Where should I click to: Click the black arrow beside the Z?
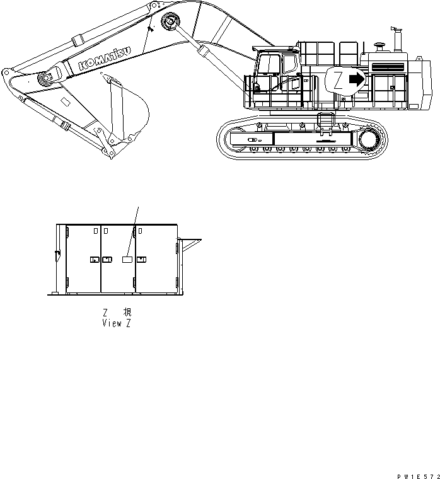pos(357,79)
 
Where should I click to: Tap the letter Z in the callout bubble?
pos(338,81)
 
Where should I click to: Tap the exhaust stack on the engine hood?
pos(398,40)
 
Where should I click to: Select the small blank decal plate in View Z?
pos(127,259)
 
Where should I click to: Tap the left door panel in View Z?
pos(83,258)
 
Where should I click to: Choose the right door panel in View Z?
pos(155,258)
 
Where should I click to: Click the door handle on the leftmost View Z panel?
pos(94,259)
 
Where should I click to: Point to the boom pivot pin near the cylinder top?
pos(170,22)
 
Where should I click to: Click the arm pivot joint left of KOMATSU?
pos(46,79)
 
